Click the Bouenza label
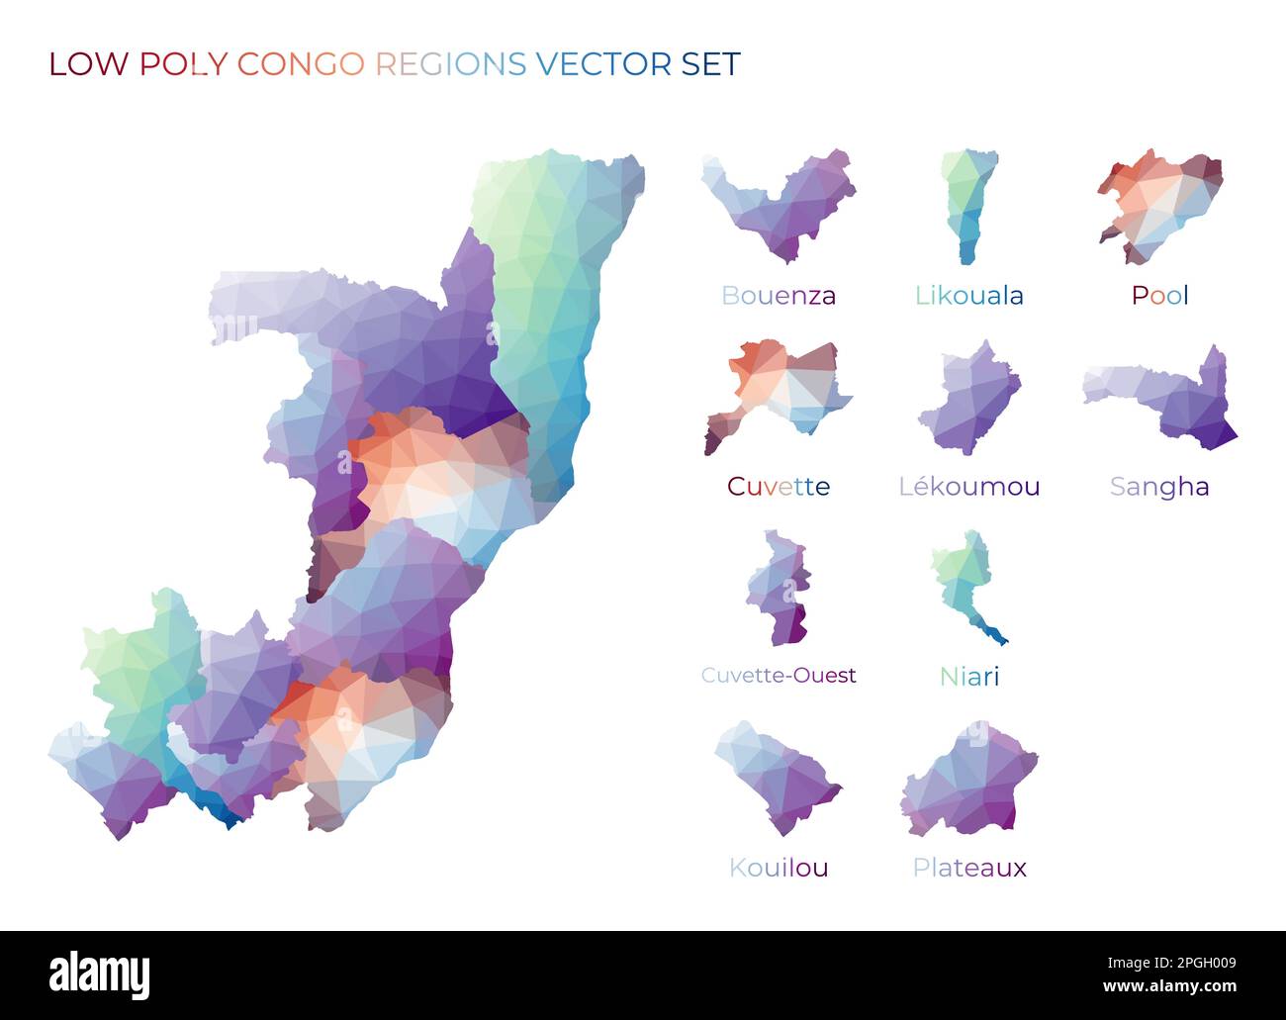(x=778, y=295)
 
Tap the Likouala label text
(x=968, y=295)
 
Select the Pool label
(x=1159, y=295)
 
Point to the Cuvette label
(x=778, y=486)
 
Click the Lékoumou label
(x=968, y=486)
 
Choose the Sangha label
(x=1159, y=486)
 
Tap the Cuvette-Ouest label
(x=778, y=676)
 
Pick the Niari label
(x=968, y=677)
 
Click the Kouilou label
(x=778, y=868)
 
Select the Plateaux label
(x=968, y=868)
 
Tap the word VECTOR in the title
(x=603, y=64)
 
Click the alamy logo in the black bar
(x=99, y=974)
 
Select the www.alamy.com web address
(x=1168, y=986)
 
